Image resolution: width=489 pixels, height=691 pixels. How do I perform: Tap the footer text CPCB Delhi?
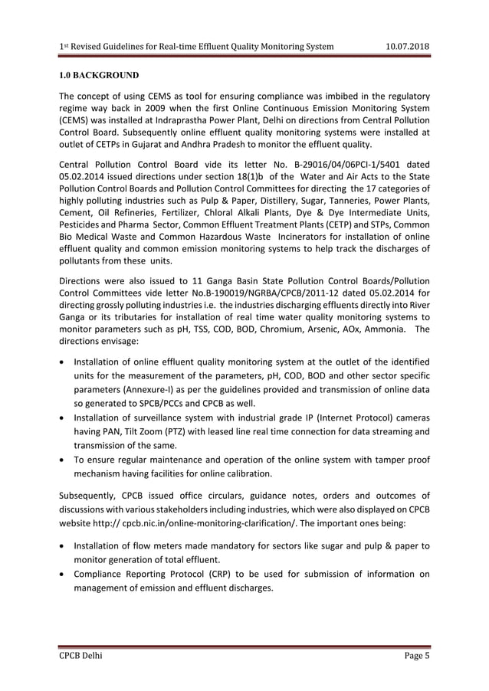pyautogui.click(x=80, y=657)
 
